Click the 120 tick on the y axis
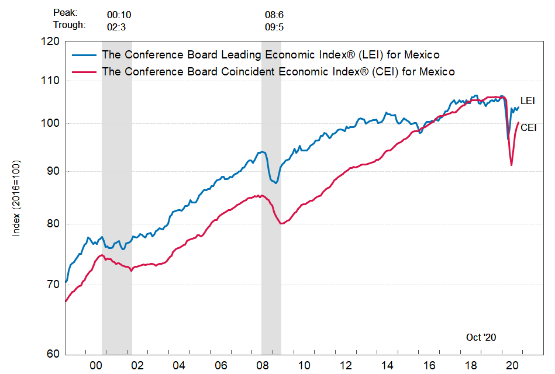[x=51, y=41]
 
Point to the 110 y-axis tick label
[x=51, y=81]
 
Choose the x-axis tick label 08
[x=262, y=365]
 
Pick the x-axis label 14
[x=387, y=365]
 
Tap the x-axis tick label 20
[x=512, y=365]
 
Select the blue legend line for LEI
[x=85, y=55]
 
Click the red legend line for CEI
[x=85, y=71]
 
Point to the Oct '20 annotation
[x=481, y=337]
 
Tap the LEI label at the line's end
[x=527, y=101]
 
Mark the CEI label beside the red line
[x=529, y=127]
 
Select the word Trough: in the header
[x=69, y=25]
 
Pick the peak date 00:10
[x=119, y=13]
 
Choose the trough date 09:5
[x=275, y=27]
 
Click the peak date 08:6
[x=275, y=13]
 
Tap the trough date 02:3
[x=117, y=27]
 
